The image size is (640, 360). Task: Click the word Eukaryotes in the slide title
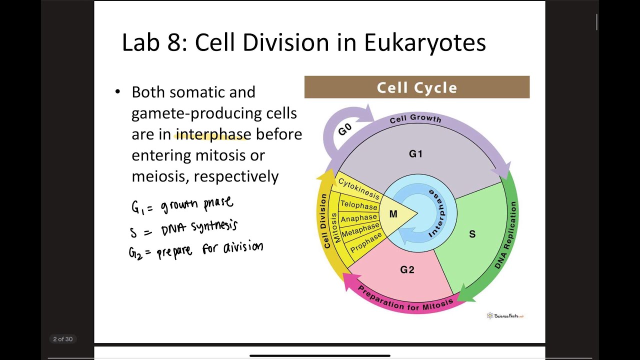(x=424, y=43)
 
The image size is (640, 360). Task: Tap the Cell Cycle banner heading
(x=416, y=87)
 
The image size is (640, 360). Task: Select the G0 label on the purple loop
(x=345, y=129)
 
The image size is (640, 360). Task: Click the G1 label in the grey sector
(x=415, y=154)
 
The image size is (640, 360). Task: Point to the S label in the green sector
(x=472, y=234)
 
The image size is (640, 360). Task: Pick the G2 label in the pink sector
(x=407, y=270)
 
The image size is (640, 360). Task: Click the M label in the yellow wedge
(x=393, y=214)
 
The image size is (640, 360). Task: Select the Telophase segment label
(x=358, y=205)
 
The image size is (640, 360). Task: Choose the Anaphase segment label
(x=358, y=218)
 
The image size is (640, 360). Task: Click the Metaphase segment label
(x=360, y=230)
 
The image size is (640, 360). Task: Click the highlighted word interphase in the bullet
(x=213, y=134)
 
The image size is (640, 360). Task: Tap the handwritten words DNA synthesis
(x=199, y=228)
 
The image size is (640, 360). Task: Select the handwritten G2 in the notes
(x=135, y=252)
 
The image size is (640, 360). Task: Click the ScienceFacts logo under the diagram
(x=505, y=315)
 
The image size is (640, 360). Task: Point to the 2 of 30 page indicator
(x=63, y=339)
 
